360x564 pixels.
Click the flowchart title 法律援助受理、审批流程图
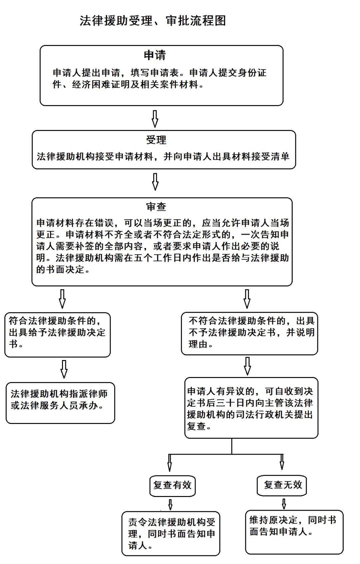153,21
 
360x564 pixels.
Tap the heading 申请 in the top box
155,55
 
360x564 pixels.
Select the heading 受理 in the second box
156,140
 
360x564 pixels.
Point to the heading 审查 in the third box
156,207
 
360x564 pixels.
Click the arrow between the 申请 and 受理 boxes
155,119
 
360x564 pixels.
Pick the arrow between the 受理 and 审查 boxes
155,182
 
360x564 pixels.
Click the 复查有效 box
172,485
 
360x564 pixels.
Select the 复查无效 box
282,485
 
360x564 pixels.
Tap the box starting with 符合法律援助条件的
57,334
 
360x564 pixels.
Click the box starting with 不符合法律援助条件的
249,333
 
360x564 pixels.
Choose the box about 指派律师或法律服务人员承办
60,403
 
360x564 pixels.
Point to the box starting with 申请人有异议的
251,408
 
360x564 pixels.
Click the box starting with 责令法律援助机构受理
171,534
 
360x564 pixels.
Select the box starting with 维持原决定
294,532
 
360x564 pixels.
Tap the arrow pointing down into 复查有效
170,463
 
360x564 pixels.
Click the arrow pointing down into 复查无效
282,462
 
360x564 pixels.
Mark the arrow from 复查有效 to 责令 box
170,504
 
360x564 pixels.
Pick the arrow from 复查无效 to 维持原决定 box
284,504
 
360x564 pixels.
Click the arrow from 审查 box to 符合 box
62,299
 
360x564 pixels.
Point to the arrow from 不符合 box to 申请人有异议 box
247,366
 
